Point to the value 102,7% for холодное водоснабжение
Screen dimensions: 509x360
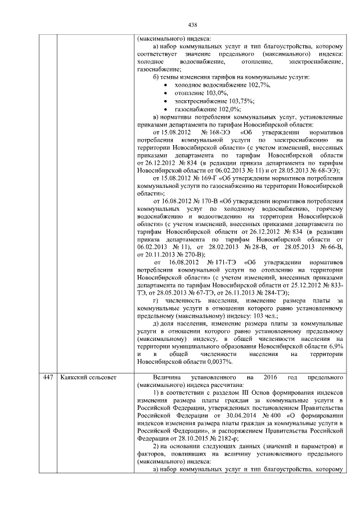click(259, 84)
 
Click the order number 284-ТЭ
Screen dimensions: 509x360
click(273, 292)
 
